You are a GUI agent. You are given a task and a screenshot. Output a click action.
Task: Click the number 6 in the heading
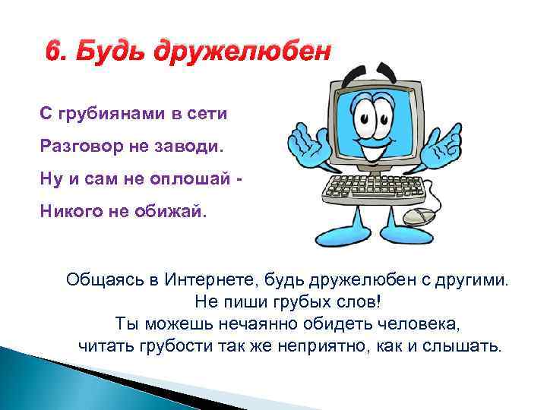pyautogui.click(x=52, y=52)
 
